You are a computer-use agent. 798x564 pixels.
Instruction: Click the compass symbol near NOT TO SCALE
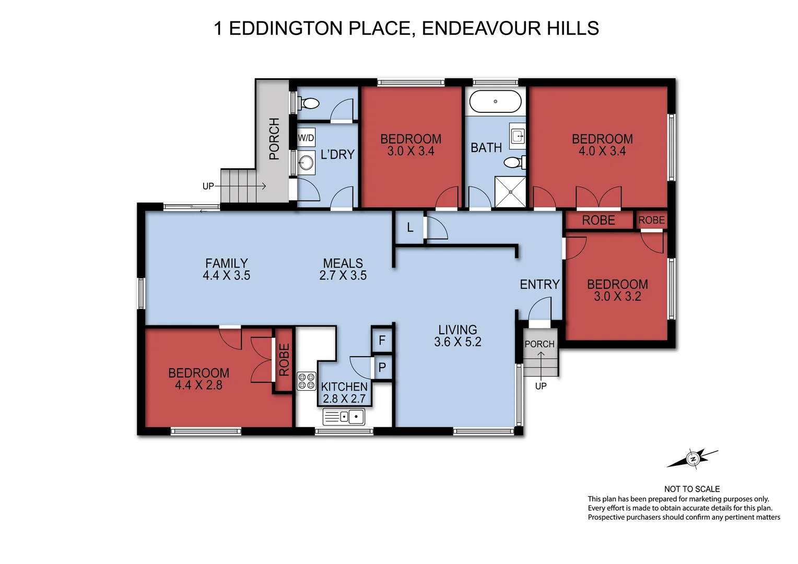tap(693, 459)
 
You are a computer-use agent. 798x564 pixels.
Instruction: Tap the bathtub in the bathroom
tap(495, 101)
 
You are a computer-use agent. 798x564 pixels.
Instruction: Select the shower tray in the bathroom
tap(511, 192)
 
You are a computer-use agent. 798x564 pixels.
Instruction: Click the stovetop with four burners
tap(307, 381)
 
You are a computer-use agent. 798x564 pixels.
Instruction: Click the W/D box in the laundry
tap(306, 138)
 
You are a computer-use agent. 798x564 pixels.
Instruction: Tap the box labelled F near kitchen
tap(382, 340)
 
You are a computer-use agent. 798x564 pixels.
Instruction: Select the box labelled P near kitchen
tap(382, 367)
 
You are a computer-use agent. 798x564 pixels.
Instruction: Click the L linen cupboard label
tap(410, 228)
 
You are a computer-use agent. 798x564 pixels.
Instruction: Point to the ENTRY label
tap(539, 284)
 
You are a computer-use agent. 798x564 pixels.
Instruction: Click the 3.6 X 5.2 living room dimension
tap(457, 342)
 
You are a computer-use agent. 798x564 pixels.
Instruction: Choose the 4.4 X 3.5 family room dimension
tap(226, 275)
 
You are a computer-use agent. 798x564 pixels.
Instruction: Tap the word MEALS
tap(343, 263)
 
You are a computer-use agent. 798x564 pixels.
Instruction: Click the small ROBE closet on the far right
tap(651, 220)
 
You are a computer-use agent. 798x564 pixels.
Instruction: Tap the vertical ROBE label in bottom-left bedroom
tap(284, 360)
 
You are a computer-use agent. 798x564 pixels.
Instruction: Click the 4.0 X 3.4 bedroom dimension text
tap(602, 151)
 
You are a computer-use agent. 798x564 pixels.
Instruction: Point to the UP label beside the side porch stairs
tap(208, 186)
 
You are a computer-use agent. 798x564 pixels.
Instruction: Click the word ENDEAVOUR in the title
tap(481, 28)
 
